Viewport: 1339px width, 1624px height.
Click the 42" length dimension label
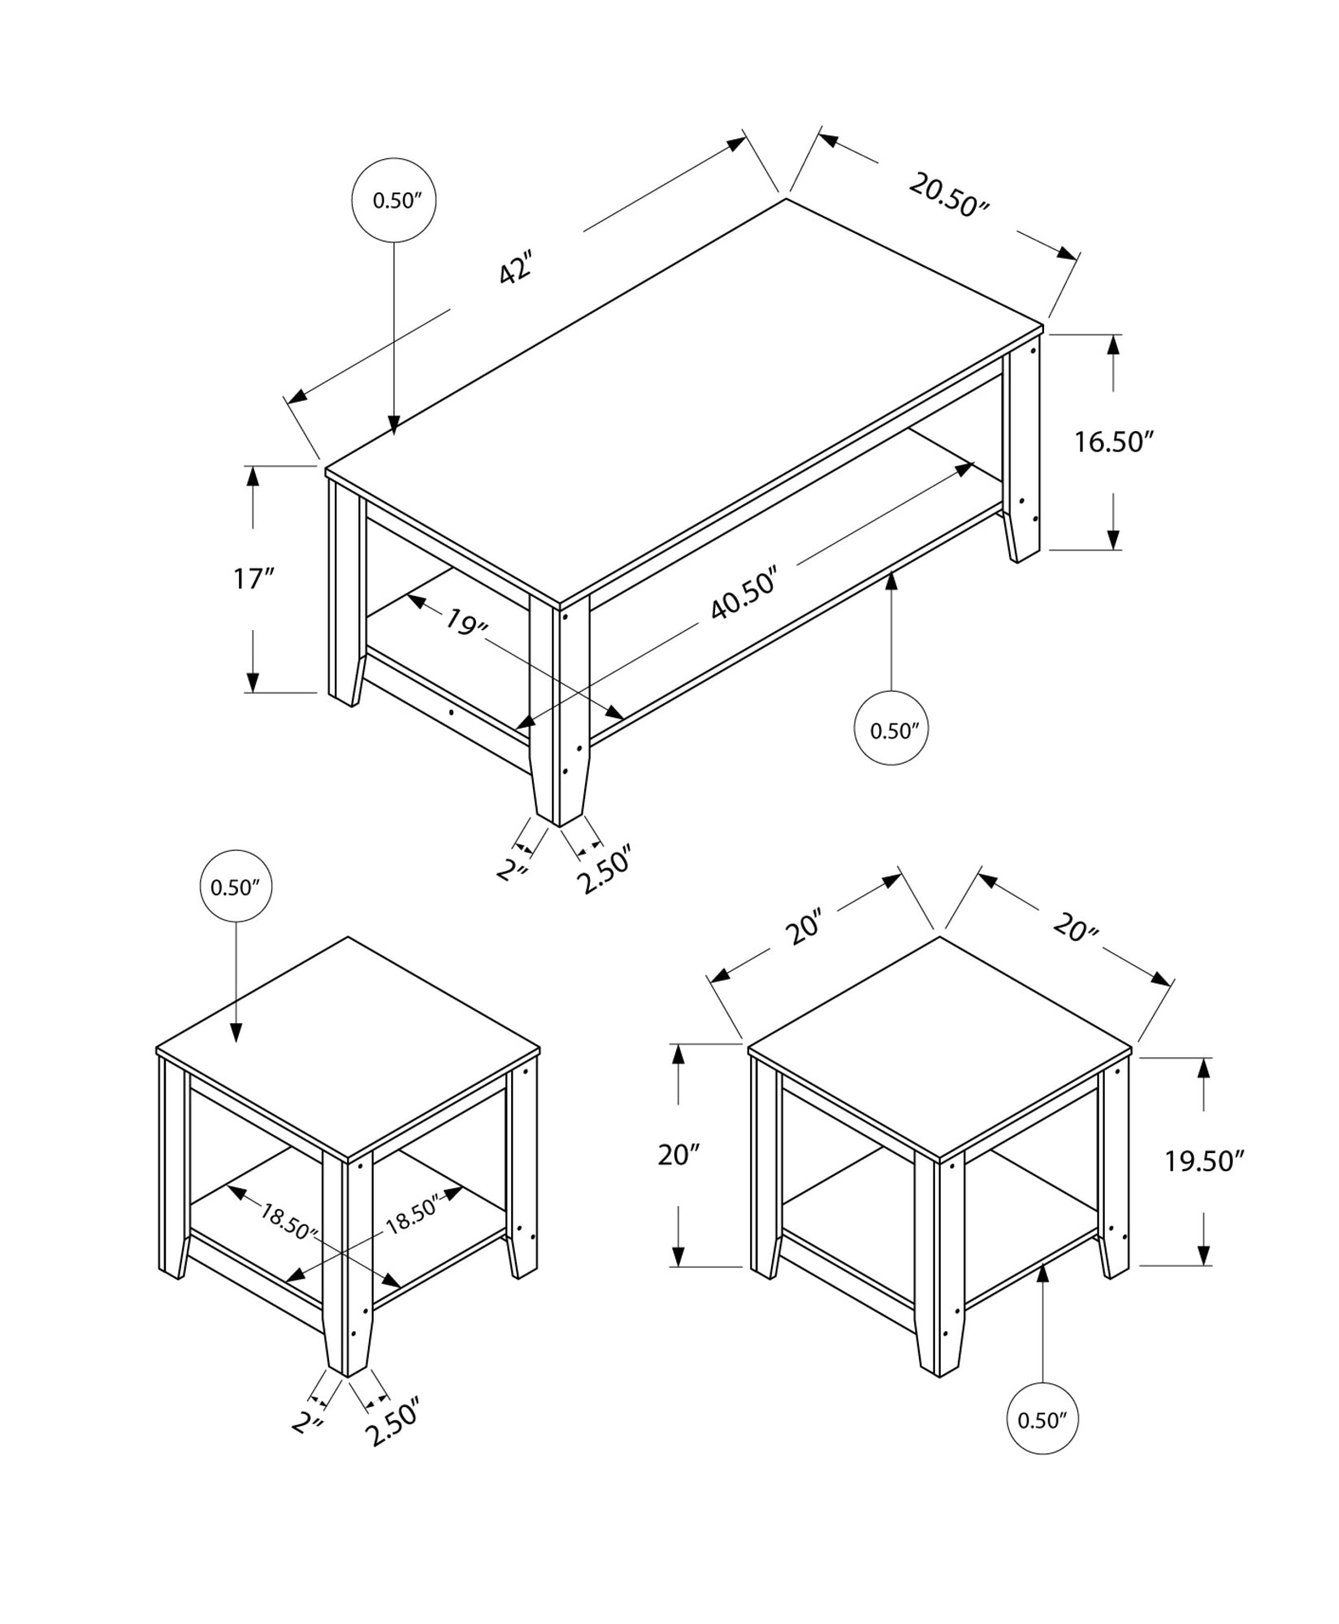(x=515, y=268)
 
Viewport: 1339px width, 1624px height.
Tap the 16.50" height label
(x=1114, y=443)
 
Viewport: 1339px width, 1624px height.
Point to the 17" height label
(x=253, y=579)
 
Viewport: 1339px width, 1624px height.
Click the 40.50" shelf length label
(x=744, y=595)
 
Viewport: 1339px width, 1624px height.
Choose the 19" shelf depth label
(x=466, y=623)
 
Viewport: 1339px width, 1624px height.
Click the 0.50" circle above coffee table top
(x=394, y=201)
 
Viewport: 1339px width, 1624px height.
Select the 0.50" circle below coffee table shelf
(x=892, y=730)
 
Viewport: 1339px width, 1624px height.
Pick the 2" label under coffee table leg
(x=513, y=871)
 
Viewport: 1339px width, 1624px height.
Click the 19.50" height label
(x=1204, y=1162)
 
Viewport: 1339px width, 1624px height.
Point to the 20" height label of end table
(x=678, y=1154)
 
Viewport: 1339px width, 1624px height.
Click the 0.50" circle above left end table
(x=236, y=888)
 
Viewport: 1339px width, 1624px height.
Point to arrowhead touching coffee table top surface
(x=394, y=425)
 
